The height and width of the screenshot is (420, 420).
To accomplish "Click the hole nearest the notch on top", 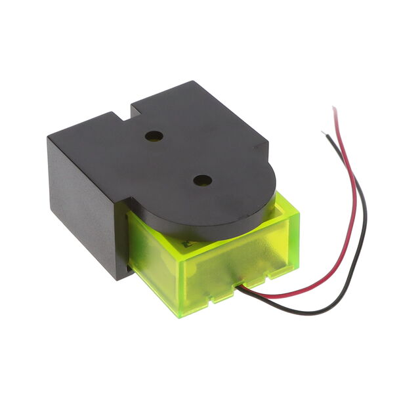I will (155, 136).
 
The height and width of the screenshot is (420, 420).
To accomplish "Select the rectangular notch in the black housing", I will (125, 112).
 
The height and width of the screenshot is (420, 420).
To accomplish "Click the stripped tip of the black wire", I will (323, 133).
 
